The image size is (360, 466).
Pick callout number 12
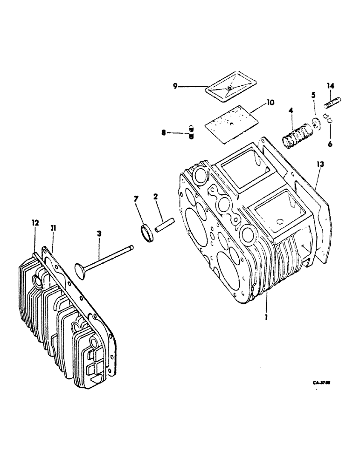(35, 224)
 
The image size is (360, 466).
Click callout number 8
(164, 133)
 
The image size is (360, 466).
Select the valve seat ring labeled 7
(146, 232)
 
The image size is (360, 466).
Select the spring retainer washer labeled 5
(316, 122)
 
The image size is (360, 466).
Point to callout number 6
(330, 144)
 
